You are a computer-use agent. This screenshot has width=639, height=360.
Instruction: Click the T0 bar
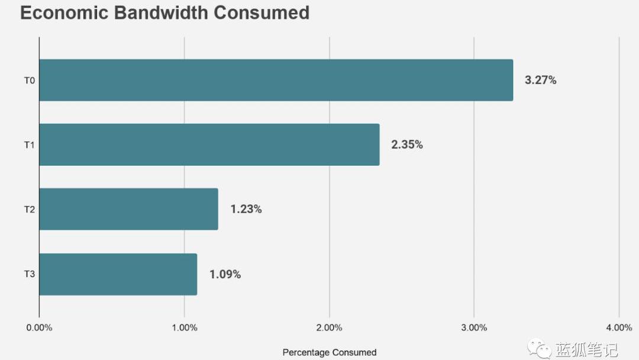point(276,80)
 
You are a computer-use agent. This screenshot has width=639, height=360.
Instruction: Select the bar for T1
point(209,144)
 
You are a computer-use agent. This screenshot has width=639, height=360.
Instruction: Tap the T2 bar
point(128,209)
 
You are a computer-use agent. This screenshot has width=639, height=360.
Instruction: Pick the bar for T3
point(118,274)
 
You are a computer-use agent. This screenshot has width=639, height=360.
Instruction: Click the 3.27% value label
point(540,80)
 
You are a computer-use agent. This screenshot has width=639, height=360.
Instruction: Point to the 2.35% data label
point(406,144)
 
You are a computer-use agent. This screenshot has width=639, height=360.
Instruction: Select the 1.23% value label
point(246,209)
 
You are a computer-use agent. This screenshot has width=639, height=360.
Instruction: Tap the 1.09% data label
point(225,274)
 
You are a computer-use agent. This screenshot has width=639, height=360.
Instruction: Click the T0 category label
point(29,80)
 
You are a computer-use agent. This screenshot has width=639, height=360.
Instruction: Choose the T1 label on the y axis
point(29,144)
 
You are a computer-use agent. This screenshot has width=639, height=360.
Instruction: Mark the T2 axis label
point(29,209)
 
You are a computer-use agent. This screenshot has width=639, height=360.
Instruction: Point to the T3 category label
point(29,274)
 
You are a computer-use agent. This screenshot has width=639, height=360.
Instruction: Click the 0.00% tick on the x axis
point(39,327)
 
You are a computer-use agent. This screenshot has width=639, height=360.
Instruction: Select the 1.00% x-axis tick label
point(184,327)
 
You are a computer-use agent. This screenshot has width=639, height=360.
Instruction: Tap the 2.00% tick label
point(329,327)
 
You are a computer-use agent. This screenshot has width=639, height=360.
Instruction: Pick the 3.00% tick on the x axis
point(474,327)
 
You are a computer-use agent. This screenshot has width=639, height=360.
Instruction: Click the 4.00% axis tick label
point(619,327)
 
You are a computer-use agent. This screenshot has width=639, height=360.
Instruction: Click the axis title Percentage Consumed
point(329,352)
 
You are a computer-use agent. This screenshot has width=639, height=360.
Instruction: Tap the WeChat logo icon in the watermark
point(540,348)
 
